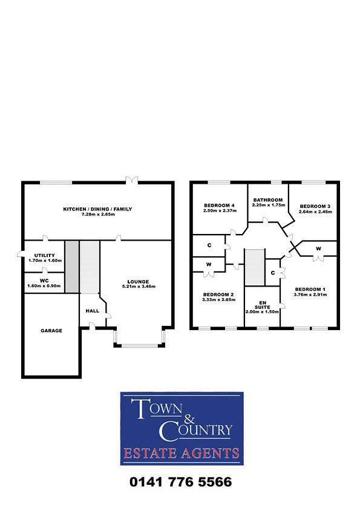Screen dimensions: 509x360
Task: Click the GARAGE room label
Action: (51, 331)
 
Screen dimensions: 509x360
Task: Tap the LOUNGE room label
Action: (137, 281)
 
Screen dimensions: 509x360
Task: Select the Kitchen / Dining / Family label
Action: (97, 209)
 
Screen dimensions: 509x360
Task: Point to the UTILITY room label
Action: (45, 256)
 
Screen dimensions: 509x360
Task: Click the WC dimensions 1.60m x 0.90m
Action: (44, 285)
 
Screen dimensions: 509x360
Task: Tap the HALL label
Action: (92, 310)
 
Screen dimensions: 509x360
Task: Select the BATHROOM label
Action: (268, 200)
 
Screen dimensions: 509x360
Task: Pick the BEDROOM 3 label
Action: (315, 206)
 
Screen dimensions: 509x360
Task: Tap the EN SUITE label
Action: (263, 303)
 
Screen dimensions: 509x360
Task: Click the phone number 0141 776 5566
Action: (180, 482)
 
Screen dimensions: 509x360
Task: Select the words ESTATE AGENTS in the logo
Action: (182, 453)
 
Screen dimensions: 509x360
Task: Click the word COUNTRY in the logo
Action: (195, 430)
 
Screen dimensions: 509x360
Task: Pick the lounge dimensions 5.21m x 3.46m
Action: (137, 286)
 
